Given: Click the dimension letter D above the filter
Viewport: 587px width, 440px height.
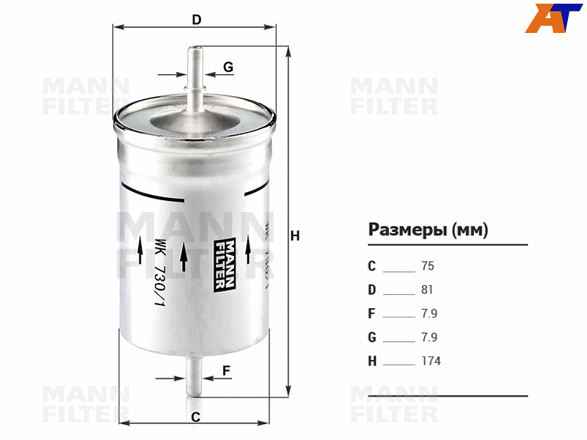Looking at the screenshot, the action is [197, 20].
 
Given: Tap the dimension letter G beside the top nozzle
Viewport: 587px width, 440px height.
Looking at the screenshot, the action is [228, 67].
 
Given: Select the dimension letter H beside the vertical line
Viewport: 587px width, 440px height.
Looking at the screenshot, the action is [295, 235].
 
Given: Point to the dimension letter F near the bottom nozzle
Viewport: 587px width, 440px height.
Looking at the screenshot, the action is [226, 370].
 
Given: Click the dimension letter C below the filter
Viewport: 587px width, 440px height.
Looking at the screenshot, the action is [195, 417].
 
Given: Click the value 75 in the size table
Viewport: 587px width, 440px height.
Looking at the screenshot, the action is [428, 266].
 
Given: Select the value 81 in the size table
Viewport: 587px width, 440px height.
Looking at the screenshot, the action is [427, 290].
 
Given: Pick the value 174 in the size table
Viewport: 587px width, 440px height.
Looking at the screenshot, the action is [431, 361].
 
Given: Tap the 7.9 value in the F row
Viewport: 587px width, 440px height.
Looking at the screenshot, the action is [429, 313].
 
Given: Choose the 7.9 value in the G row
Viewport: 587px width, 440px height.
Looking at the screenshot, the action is [429, 337].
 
